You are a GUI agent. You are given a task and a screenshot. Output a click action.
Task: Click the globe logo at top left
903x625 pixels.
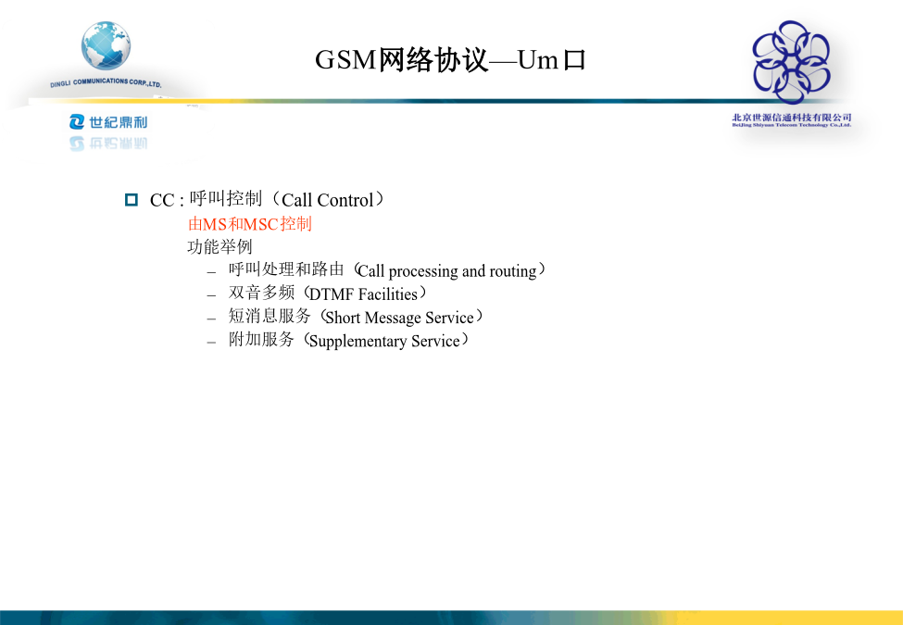click(106, 45)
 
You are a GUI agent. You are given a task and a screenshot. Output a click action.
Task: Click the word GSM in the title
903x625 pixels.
click(345, 59)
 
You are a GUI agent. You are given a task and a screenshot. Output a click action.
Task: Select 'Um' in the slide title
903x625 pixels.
click(538, 59)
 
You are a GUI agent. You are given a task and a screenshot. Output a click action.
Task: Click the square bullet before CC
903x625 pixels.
click(132, 200)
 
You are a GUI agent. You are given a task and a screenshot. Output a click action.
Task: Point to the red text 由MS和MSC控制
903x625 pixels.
click(250, 223)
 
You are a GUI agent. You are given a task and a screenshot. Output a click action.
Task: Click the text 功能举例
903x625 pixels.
click(220, 247)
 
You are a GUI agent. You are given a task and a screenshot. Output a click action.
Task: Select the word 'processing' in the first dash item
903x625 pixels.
click(423, 271)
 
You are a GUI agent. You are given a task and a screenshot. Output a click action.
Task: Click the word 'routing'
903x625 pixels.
click(513, 271)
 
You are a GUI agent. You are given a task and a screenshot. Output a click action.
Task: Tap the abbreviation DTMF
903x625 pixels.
click(332, 294)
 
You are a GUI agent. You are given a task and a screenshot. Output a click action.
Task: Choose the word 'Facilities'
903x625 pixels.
click(387, 294)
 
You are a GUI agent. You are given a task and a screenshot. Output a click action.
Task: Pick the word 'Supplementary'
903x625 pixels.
click(357, 342)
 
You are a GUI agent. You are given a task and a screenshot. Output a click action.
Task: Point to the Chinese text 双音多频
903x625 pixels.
click(261, 293)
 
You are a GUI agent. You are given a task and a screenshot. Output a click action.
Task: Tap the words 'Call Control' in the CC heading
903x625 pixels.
click(328, 200)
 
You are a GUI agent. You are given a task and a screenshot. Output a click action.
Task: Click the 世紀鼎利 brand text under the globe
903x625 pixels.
click(108, 122)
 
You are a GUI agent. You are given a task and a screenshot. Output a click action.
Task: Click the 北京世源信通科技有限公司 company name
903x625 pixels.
click(791, 118)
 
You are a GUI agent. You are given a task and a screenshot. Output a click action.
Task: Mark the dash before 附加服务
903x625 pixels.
click(211, 342)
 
